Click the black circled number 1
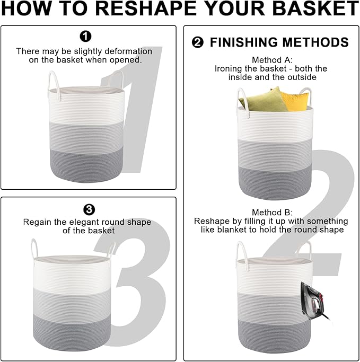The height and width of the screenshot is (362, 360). pyautogui.click(x=85, y=36)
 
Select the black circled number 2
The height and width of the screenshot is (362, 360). pyautogui.click(x=198, y=42)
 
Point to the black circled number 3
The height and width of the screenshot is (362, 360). pyautogui.click(x=89, y=210)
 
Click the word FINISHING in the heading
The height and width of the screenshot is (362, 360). pyautogui.click(x=244, y=42)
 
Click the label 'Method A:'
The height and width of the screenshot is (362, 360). pyautogui.click(x=272, y=60)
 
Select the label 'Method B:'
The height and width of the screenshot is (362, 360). pyautogui.click(x=272, y=212)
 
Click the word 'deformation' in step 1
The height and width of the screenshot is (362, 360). pyautogui.click(x=128, y=51)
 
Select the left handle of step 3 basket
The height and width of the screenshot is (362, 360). pyautogui.click(x=34, y=250)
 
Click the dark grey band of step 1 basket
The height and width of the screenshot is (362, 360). pyautogui.click(x=86, y=165)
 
